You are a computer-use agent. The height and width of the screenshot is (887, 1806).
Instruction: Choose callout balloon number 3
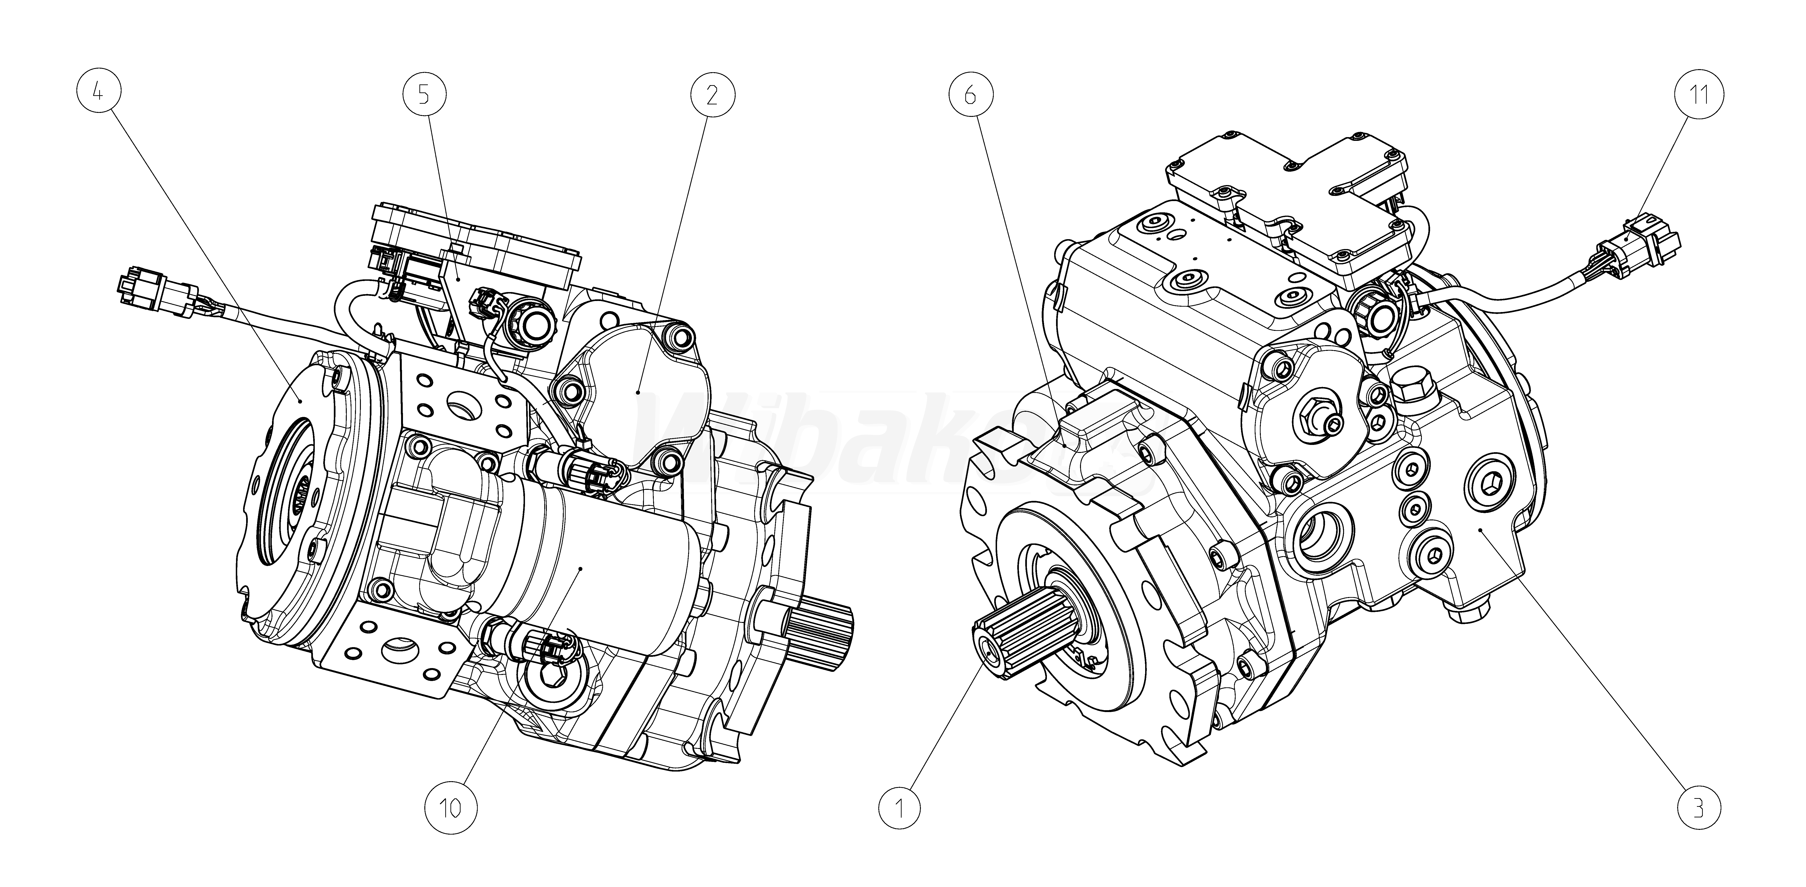point(1698,808)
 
